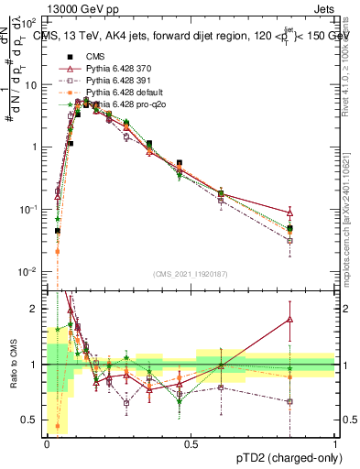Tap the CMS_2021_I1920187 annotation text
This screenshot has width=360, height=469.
point(191,273)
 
